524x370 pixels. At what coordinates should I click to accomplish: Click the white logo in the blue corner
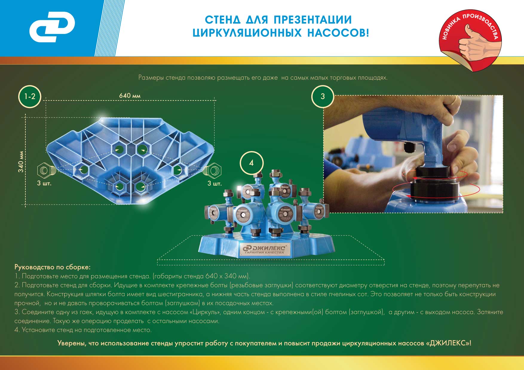[x=52, y=27]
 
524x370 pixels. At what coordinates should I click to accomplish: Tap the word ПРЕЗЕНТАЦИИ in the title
[x=313, y=20]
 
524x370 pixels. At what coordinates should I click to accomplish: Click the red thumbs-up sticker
[x=470, y=40]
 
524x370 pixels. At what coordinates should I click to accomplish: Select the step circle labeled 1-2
[x=30, y=96]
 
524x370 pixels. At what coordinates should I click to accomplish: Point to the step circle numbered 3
[x=323, y=96]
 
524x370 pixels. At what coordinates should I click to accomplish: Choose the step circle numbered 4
[x=252, y=163]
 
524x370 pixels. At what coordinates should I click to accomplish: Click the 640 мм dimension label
[x=130, y=96]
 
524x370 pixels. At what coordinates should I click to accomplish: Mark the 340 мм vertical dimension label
[x=21, y=162]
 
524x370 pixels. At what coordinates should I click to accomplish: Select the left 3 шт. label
[x=44, y=183]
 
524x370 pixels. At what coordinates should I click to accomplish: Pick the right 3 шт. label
[x=214, y=183]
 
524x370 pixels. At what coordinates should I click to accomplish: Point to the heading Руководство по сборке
[x=52, y=267]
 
